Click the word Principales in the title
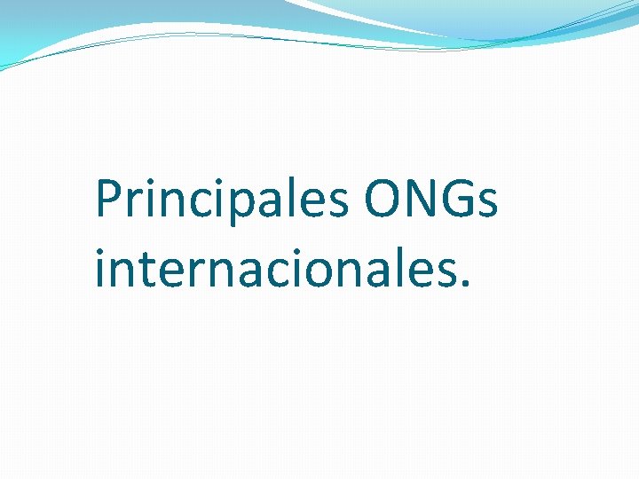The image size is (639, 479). tap(222, 201)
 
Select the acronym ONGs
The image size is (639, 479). tap(430, 200)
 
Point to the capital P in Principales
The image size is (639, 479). tap(107, 200)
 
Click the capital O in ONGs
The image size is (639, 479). tap(381, 200)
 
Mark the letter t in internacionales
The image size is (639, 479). tap(143, 269)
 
